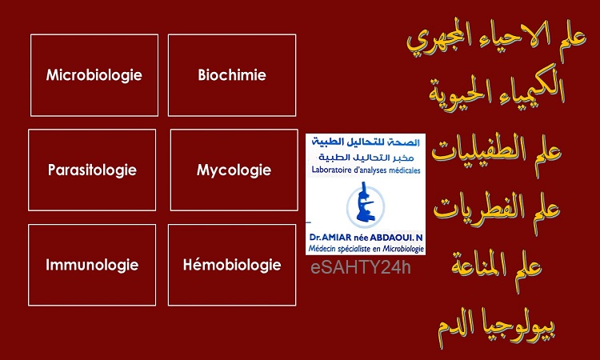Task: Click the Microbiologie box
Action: click(x=94, y=75)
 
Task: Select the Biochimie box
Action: click(x=232, y=75)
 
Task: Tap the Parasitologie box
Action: click(x=92, y=170)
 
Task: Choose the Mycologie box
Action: click(x=234, y=170)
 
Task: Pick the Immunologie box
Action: click(x=92, y=265)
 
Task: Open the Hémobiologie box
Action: click(x=232, y=265)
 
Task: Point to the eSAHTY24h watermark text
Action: click(x=361, y=267)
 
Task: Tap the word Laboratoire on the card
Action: click(x=330, y=170)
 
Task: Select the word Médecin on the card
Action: click(x=320, y=249)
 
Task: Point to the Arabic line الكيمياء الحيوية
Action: click(x=497, y=90)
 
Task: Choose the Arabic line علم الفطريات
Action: click(x=497, y=211)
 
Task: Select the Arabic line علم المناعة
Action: click(x=497, y=265)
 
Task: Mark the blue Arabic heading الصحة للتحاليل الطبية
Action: click(x=366, y=142)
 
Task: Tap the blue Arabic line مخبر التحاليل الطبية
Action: click(x=366, y=157)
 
